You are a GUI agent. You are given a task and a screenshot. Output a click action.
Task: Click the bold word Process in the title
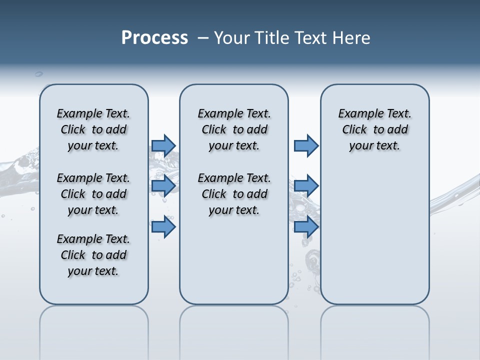click(x=154, y=37)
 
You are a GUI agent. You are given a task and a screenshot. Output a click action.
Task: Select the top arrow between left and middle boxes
click(x=163, y=145)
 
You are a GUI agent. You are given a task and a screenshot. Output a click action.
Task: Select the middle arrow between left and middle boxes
click(x=163, y=186)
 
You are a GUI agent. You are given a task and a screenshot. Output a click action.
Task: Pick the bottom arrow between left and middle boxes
click(x=163, y=227)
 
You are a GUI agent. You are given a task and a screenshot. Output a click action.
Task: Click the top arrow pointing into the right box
click(x=306, y=145)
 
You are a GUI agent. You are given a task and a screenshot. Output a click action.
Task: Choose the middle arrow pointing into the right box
click(x=306, y=186)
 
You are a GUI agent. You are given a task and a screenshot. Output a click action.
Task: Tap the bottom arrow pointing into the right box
click(x=306, y=227)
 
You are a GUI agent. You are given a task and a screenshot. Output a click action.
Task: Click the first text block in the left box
click(x=93, y=129)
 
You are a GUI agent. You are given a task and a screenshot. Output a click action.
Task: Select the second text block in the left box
click(x=93, y=194)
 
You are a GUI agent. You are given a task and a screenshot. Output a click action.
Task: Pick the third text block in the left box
click(x=93, y=255)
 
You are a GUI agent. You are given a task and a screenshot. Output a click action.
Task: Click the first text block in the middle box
click(x=234, y=129)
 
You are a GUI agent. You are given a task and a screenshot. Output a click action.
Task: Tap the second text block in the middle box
click(x=234, y=194)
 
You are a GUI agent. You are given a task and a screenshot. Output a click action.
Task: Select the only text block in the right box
click(x=374, y=129)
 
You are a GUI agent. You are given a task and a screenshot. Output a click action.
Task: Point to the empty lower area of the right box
click(x=374, y=235)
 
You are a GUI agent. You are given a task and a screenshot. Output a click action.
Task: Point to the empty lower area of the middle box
click(x=234, y=260)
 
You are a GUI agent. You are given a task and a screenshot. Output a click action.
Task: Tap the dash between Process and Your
click(x=201, y=37)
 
